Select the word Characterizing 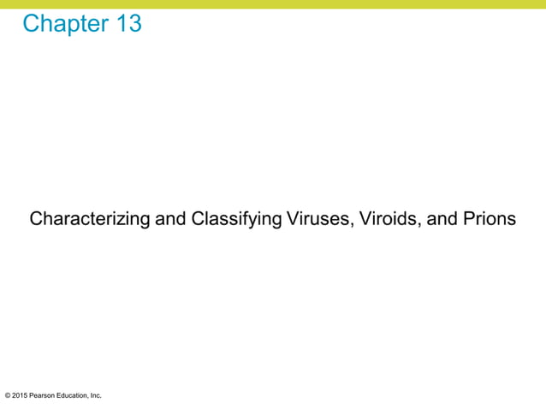(89, 220)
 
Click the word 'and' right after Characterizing (169, 219)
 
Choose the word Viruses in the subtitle (314, 219)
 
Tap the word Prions (489, 219)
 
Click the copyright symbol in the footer (8, 395)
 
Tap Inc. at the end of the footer (97, 395)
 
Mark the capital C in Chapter (32, 24)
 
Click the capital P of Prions (467, 219)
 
